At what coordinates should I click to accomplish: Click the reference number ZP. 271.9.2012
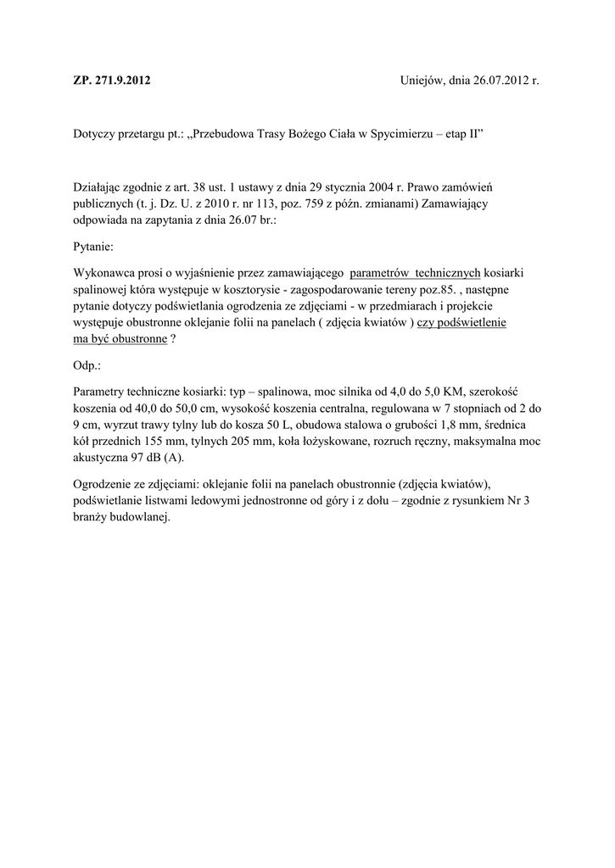pos(113,81)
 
